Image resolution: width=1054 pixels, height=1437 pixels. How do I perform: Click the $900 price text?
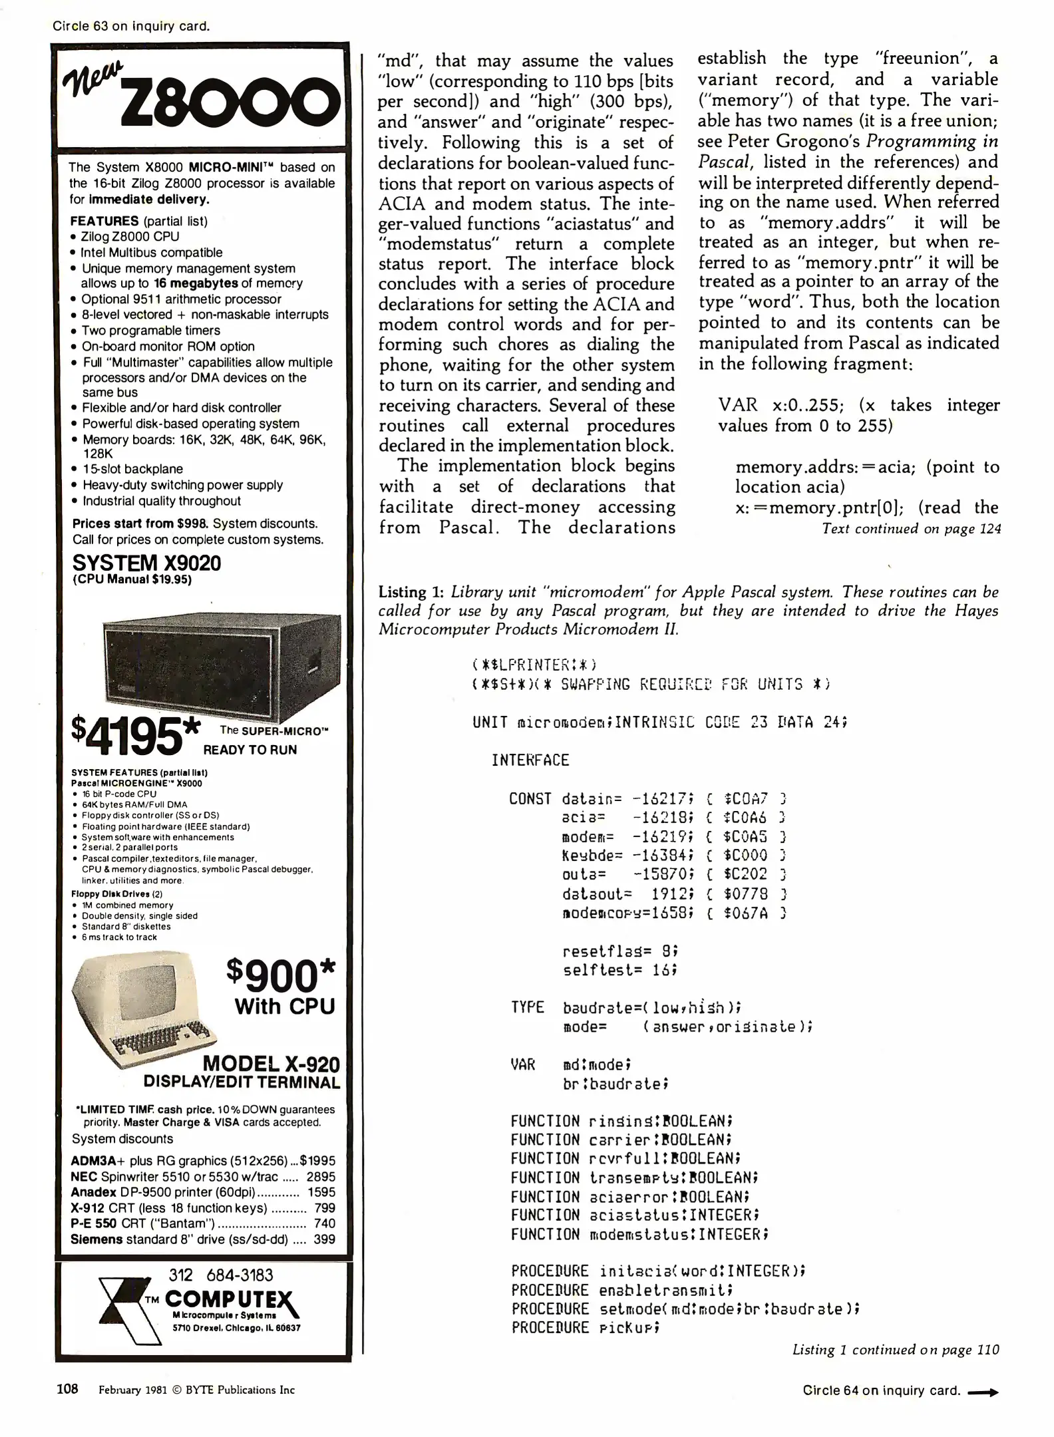pyautogui.click(x=280, y=976)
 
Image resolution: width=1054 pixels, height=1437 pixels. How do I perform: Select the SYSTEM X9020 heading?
pyautogui.click(x=146, y=563)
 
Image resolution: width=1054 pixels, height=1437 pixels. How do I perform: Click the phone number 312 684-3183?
pyautogui.click(x=221, y=1275)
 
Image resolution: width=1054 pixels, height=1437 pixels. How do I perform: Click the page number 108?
pyautogui.click(x=67, y=1389)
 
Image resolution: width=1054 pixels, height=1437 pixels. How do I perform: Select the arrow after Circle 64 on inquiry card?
pyautogui.click(x=983, y=1392)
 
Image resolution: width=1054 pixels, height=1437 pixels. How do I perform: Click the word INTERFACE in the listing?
pyautogui.click(x=530, y=760)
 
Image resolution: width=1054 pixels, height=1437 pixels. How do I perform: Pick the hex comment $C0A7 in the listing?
pyautogui.click(x=746, y=798)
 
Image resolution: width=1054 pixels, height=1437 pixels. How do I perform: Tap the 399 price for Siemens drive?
pyautogui.click(x=325, y=1239)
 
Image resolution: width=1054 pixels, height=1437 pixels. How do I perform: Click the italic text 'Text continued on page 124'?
pyautogui.click(x=911, y=529)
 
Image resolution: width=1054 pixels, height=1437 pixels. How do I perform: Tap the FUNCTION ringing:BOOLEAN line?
pyautogui.click(x=621, y=1121)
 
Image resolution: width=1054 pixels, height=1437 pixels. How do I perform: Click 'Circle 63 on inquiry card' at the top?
pyautogui.click(x=131, y=26)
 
